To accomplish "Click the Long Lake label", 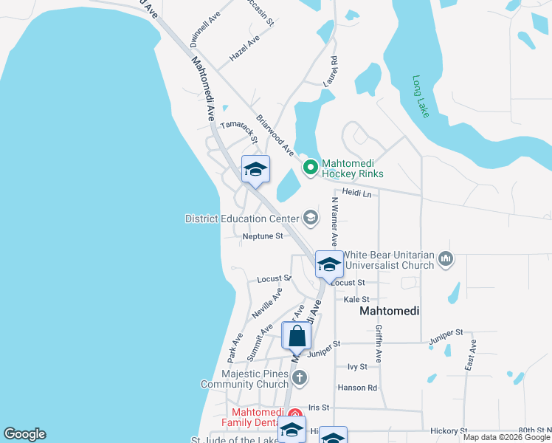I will coord(421,97).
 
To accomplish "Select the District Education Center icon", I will coord(311,218).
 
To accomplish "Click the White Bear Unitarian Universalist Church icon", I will coord(445,258).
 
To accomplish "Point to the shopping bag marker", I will coord(297,336).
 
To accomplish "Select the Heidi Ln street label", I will coord(356,193).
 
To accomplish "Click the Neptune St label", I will coord(263,236).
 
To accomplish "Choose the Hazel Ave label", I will coord(244,47).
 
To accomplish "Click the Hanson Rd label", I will coord(357,388).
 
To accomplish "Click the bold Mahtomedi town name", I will coord(389,312).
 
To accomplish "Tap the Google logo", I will coord(24,434).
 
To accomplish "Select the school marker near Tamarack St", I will coord(255,170).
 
